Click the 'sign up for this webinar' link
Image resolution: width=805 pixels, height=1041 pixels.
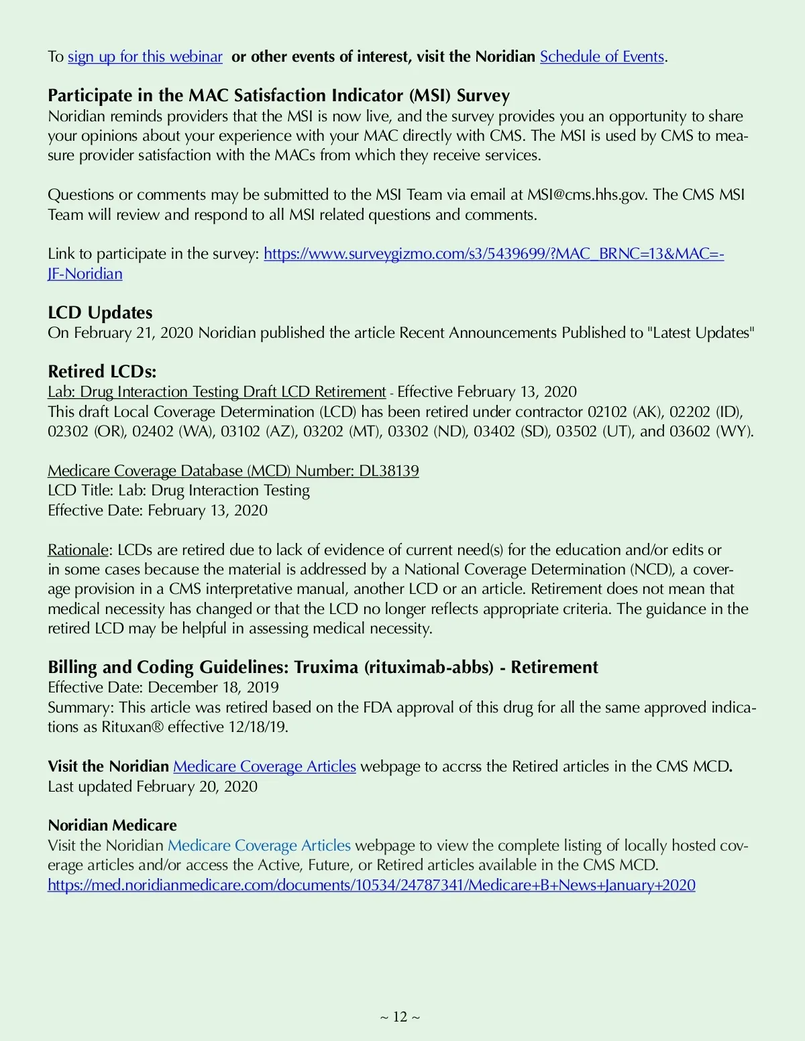145,56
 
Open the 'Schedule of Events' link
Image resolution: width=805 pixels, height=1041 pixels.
602,56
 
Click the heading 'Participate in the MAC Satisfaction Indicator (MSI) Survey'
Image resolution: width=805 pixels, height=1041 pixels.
278,96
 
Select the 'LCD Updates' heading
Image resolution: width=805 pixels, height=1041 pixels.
100,312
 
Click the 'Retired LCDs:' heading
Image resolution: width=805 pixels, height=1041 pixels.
102,371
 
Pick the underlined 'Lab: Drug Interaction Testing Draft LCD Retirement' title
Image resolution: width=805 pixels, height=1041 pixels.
217,392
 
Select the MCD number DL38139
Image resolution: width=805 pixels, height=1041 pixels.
389,471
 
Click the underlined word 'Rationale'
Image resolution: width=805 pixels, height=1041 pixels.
78,550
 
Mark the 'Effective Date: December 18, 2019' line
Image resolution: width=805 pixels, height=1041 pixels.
163,688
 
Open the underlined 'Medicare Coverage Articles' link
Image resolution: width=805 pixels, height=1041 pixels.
264,766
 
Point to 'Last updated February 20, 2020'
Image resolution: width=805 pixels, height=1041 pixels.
152,786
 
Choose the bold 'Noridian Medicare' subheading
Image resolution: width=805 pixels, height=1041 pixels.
113,825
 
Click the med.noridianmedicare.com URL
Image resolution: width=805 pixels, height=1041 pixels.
371,885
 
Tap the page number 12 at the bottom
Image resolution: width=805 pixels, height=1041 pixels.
400,1017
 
